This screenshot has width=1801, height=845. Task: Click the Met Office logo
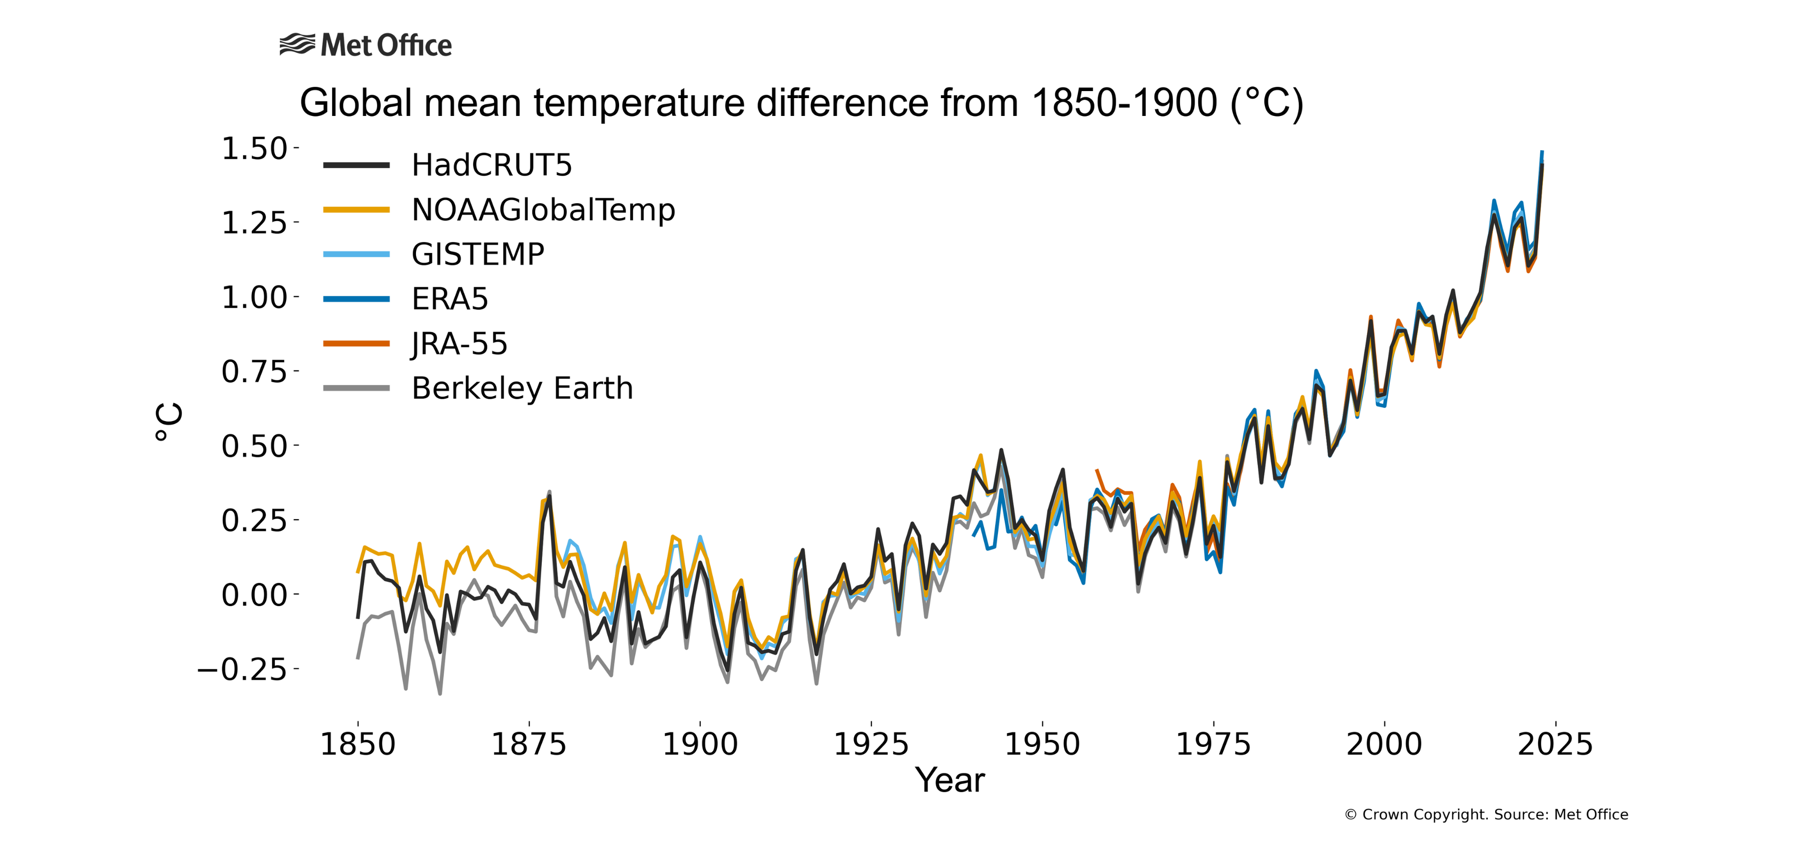pos(366,46)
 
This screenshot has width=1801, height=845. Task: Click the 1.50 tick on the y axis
pos(255,148)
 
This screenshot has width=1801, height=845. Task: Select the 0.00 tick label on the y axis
pos(255,595)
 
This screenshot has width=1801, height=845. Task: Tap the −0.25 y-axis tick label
pos(242,669)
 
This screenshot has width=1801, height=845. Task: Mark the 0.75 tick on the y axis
pos(255,371)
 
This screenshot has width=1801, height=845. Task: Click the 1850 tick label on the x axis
pos(358,744)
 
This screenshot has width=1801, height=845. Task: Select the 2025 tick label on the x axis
pos(1555,744)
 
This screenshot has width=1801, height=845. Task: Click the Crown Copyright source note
pos(1486,814)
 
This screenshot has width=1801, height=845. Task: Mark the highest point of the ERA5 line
pos(1542,152)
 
